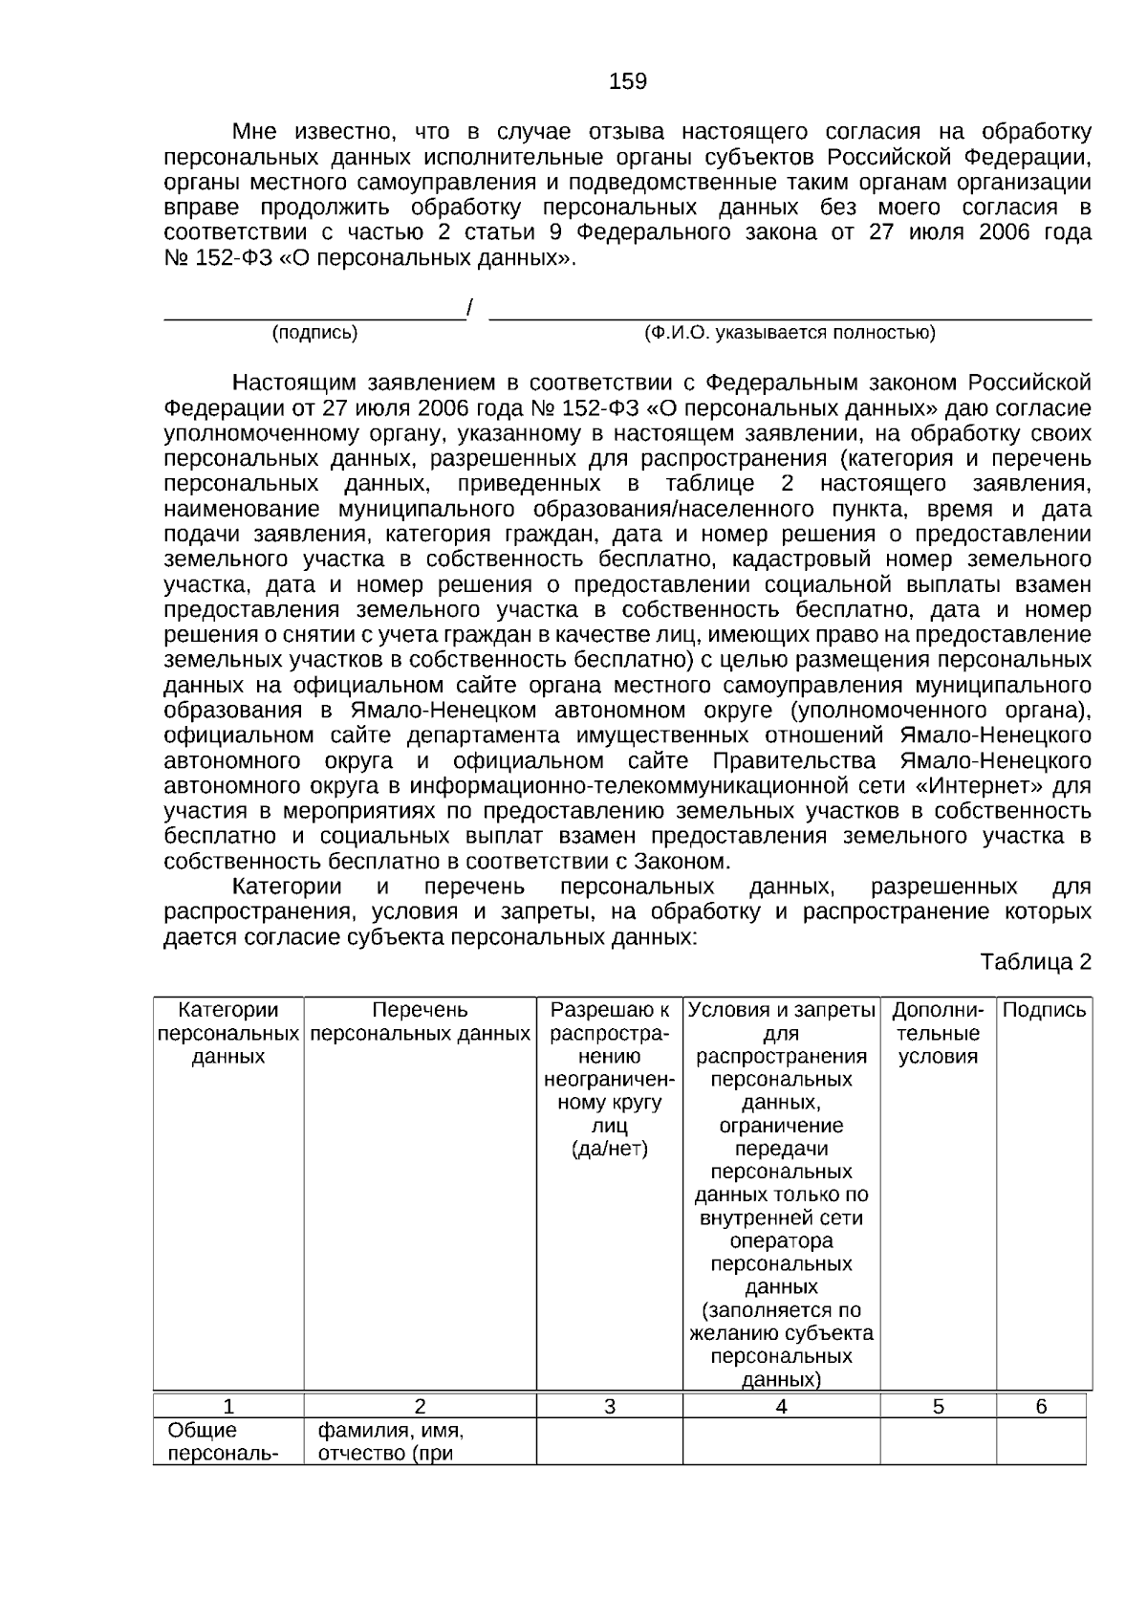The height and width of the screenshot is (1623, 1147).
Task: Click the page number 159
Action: [627, 81]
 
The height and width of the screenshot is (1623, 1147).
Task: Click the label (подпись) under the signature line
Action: [314, 333]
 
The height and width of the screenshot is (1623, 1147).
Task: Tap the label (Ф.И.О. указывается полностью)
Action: [790, 333]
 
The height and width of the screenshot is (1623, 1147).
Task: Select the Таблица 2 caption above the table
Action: [1035, 962]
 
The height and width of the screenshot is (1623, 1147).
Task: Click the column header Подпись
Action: [1044, 1010]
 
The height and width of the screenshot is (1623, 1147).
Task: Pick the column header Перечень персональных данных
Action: [420, 1021]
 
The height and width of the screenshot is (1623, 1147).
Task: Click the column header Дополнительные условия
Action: [938, 1033]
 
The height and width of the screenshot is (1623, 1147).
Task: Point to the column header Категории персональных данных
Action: [228, 1033]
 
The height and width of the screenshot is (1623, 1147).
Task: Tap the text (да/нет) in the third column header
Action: [609, 1149]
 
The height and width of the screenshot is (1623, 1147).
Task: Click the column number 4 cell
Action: [781, 1406]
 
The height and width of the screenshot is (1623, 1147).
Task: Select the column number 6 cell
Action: [1041, 1406]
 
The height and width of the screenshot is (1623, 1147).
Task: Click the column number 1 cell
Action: [228, 1406]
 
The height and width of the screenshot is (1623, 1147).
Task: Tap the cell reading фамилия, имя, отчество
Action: [390, 1442]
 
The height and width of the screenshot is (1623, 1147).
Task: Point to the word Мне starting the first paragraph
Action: [253, 131]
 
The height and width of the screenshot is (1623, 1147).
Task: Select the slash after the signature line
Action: [469, 308]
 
